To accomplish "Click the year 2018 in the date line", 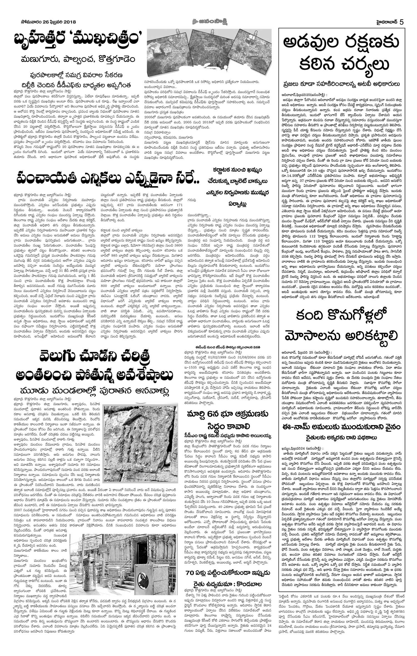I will [68, 22].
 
